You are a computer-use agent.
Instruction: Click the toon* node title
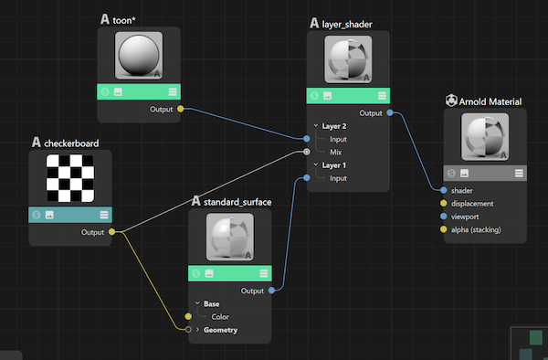tap(133, 18)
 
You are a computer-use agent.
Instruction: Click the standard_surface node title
tap(237, 201)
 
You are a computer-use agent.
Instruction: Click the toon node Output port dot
tap(180, 110)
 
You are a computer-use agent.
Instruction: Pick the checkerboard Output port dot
tap(111, 232)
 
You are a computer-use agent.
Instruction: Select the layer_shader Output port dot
tap(390, 113)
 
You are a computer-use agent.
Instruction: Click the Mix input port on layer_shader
tap(307, 152)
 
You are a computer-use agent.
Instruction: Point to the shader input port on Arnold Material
tap(444, 190)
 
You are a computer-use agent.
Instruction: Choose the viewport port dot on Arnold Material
tap(444, 217)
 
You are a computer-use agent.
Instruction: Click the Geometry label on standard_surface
tap(221, 330)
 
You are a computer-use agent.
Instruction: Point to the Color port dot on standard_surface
tap(188, 316)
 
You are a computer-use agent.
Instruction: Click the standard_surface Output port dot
tap(273, 291)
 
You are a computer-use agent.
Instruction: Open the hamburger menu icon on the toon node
tap(172, 91)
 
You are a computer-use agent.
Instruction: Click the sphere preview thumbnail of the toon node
tap(139, 55)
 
